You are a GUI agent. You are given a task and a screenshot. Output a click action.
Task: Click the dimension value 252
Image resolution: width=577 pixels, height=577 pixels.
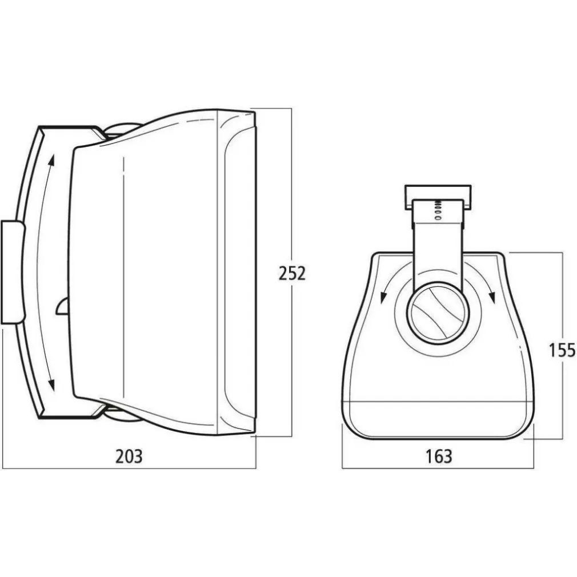tap(292, 273)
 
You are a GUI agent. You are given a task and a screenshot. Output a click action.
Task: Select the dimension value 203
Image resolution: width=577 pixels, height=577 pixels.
tap(129, 456)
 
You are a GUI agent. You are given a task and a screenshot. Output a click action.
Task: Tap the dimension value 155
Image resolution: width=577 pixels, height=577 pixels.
tap(562, 350)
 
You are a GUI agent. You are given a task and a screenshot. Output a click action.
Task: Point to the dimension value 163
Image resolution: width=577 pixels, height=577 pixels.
tap(438, 456)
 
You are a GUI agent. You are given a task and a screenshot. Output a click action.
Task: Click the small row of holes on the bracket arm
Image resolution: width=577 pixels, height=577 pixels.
tap(438, 209)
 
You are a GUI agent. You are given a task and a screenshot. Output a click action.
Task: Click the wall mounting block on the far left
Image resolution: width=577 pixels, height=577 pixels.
tap(13, 272)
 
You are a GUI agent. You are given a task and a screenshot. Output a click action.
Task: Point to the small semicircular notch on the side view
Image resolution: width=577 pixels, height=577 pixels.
tap(62, 307)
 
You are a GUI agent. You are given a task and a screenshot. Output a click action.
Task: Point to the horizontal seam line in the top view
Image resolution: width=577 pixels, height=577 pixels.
tap(438, 402)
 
